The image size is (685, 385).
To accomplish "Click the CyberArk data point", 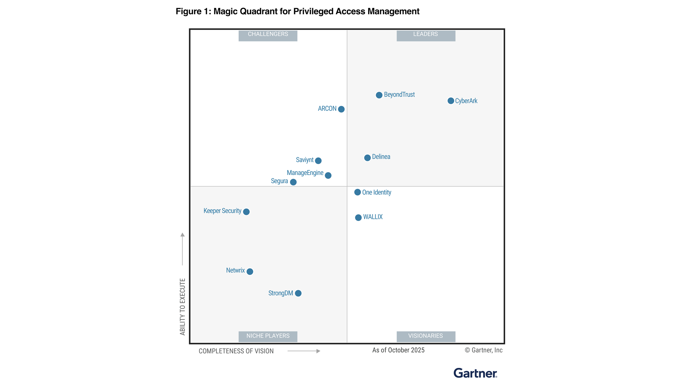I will coord(451,101).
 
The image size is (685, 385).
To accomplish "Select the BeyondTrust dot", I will coord(379,95).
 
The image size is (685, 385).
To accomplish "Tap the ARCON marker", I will coord(341,109).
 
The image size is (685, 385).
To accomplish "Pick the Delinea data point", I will coord(367,158).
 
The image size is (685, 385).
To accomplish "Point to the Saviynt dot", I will coord(318,161).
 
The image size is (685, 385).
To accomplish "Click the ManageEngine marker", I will coord(328,175).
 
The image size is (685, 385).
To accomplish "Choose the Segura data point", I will coord(293,182).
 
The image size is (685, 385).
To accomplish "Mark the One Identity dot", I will coord(357,192).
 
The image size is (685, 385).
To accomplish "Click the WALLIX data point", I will coord(358,217).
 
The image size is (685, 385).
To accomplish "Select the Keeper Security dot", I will coord(246,212).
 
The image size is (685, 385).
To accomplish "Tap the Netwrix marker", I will coord(250,272).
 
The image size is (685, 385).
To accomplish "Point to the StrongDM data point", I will coord(298,293).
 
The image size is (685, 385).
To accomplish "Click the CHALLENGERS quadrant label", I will coord(268,35).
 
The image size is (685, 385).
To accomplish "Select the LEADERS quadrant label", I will coord(426,35).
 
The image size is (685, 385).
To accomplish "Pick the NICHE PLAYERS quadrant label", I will coord(268,336).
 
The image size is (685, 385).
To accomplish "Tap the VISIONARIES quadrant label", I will coord(426,336).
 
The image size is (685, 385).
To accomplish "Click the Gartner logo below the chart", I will coord(475,373).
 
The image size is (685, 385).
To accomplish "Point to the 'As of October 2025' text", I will coord(398,350).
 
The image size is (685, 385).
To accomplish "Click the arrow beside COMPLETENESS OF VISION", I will coord(304,351).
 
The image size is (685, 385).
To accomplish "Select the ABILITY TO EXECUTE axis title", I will coord(183,307).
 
